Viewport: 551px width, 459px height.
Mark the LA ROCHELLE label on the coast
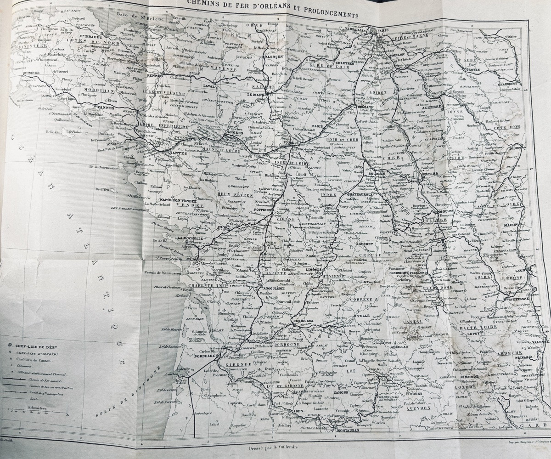(x=180, y=238)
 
